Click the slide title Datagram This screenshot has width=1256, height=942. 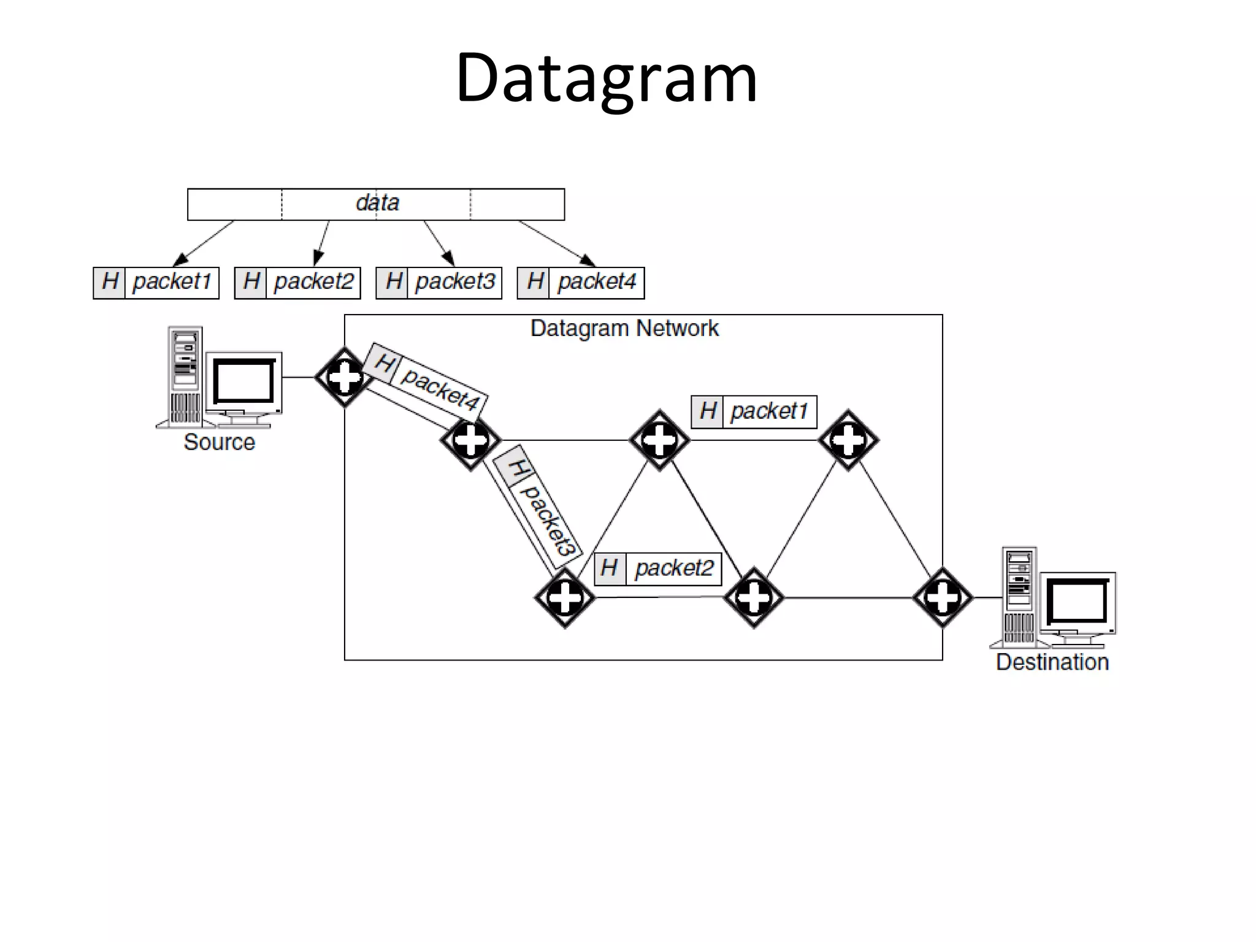[x=606, y=78]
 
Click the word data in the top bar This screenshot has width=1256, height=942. [x=377, y=203]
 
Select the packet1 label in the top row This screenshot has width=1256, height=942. [x=172, y=282]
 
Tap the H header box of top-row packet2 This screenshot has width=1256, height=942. [x=250, y=282]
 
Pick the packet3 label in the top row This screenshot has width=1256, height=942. [x=454, y=282]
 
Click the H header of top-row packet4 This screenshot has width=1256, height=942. [x=534, y=282]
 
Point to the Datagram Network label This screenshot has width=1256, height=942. [x=624, y=329]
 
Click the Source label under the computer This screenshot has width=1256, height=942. [x=219, y=442]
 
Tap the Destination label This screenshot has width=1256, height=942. [x=1052, y=662]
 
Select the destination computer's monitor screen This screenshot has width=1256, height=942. [x=1077, y=602]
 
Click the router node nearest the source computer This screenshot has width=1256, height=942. [x=345, y=377]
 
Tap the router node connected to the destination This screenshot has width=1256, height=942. [x=942, y=597]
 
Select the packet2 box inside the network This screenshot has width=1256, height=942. [x=673, y=569]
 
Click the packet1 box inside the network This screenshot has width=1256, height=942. [x=769, y=412]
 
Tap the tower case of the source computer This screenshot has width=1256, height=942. [x=185, y=375]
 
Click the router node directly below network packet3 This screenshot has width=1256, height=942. [x=564, y=597]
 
